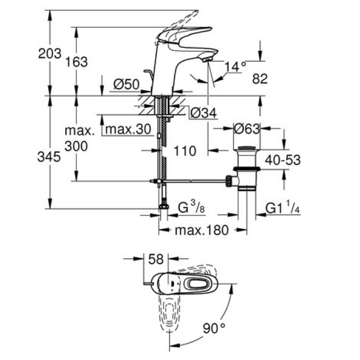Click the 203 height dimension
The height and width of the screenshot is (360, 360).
[50, 53]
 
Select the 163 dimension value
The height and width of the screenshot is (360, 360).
[76, 62]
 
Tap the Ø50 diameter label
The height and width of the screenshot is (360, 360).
[124, 83]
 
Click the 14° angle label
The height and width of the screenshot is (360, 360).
[236, 66]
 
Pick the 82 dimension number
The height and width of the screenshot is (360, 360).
[261, 79]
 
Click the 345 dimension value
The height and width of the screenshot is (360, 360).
[50, 158]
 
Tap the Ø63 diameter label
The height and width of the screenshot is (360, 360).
[246, 129]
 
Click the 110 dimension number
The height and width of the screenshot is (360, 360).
[185, 151]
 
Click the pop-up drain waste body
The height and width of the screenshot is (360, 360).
[247, 170]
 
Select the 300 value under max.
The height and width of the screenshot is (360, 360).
[76, 146]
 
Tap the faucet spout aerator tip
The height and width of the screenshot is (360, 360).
[207, 60]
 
